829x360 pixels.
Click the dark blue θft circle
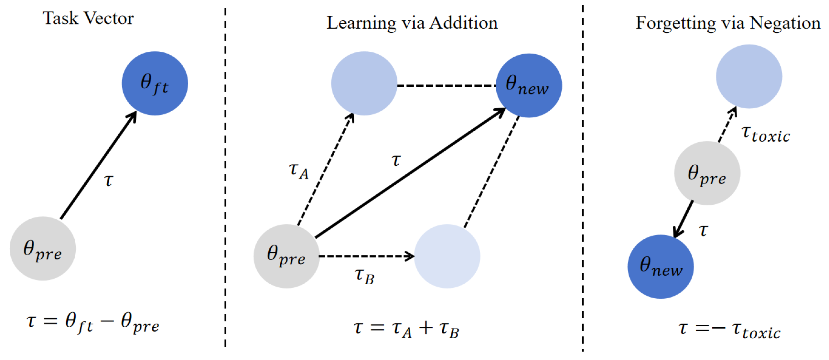[155, 83]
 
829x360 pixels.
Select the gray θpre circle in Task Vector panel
[43, 248]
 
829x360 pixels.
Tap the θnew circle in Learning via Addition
[529, 85]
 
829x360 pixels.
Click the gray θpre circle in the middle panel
[286, 256]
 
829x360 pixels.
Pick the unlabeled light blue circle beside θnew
[364, 83]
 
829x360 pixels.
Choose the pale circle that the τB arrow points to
[447, 256]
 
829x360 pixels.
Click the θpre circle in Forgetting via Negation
[707, 173]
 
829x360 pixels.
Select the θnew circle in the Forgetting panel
[661, 267]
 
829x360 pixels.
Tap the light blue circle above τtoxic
[749, 76]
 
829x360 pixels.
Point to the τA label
[298, 170]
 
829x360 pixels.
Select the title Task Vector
[88, 18]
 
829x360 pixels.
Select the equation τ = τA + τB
[406, 329]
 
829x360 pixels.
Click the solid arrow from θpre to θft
[98, 166]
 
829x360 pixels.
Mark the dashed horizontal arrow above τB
[365, 256]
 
